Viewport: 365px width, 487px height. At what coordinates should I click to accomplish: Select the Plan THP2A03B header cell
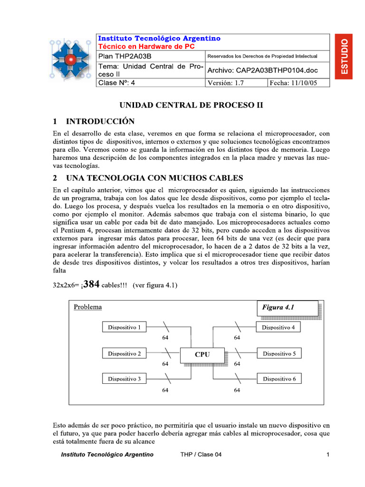click(150, 56)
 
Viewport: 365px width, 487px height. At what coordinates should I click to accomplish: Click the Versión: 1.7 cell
click(236, 83)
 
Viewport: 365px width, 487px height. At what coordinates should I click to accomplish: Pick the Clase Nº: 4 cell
click(150, 83)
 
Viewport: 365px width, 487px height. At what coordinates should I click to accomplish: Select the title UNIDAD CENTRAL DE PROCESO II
click(191, 105)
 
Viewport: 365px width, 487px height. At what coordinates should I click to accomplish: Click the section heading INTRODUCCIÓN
click(100, 121)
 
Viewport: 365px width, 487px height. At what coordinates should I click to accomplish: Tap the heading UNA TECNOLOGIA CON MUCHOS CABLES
click(154, 178)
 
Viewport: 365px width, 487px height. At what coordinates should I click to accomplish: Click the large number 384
click(91, 284)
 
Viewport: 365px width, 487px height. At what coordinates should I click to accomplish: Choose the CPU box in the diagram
click(202, 354)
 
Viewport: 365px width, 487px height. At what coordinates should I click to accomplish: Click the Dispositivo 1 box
click(124, 327)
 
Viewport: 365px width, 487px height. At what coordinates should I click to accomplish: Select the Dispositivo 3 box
click(124, 379)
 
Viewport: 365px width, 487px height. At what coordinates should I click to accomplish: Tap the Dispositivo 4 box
click(279, 327)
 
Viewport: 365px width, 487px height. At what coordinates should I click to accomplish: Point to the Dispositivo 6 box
click(279, 379)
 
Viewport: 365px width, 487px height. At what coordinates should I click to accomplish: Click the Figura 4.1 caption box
click(287, 308)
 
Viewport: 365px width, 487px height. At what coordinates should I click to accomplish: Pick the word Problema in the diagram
click(87, 307)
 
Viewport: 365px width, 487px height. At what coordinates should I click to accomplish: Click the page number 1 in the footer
click(328, 455)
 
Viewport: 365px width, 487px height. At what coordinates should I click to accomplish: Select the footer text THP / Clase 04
click(201, 455)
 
